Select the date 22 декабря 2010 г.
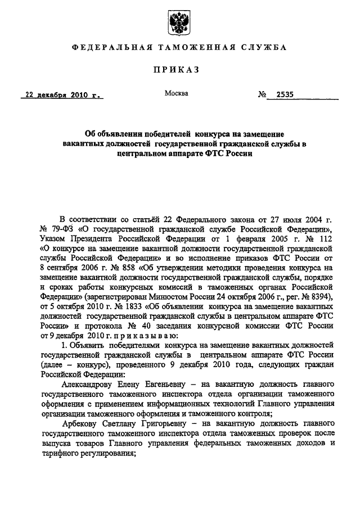pyautogui.click(x=62, y=95)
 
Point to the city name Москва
pyautogui.click(x=176, y=93)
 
